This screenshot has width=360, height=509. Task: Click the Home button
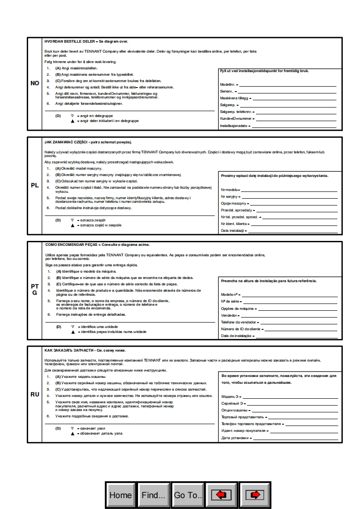coord(121,495)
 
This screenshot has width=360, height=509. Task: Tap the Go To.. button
coord(187,495)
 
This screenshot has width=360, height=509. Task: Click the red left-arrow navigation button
coord(222,495)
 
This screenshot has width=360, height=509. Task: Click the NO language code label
coord(35,83)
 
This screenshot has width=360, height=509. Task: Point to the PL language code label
coord(35,185)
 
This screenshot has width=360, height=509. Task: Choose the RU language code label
coord(35,394)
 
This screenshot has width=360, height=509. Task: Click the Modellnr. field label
coord(228,85)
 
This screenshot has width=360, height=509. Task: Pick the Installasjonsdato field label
coord(234,126)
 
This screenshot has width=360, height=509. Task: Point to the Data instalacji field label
coord(232,231)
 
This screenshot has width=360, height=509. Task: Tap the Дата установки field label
coord(235,438)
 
